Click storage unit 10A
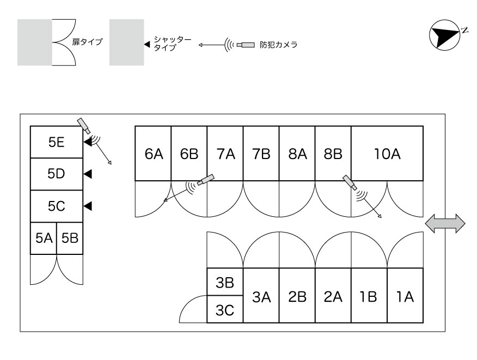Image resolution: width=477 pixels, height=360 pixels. (387, 154)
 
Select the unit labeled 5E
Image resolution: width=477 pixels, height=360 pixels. (56, 143)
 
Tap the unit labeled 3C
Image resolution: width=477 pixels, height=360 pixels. (224, 310)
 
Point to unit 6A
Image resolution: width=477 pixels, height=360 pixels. (154, 154)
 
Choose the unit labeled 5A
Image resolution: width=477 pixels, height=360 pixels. (43, 238)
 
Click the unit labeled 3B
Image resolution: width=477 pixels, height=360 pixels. (224, 283)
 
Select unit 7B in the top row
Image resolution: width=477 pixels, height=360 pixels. (261, 154)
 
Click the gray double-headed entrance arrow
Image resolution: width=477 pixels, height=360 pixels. (445, 224)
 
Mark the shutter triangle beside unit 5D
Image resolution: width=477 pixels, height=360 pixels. (88, 174)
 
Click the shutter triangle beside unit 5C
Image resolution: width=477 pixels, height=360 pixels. (88, 206)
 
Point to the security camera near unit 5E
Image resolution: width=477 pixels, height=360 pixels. (84, 125)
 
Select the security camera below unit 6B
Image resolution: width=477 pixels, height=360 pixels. (206, 179)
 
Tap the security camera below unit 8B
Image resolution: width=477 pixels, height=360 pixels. (350, 182)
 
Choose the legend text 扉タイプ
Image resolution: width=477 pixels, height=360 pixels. (87, 41)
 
